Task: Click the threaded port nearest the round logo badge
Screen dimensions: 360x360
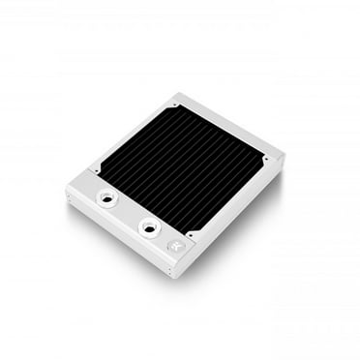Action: pos(150,227)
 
